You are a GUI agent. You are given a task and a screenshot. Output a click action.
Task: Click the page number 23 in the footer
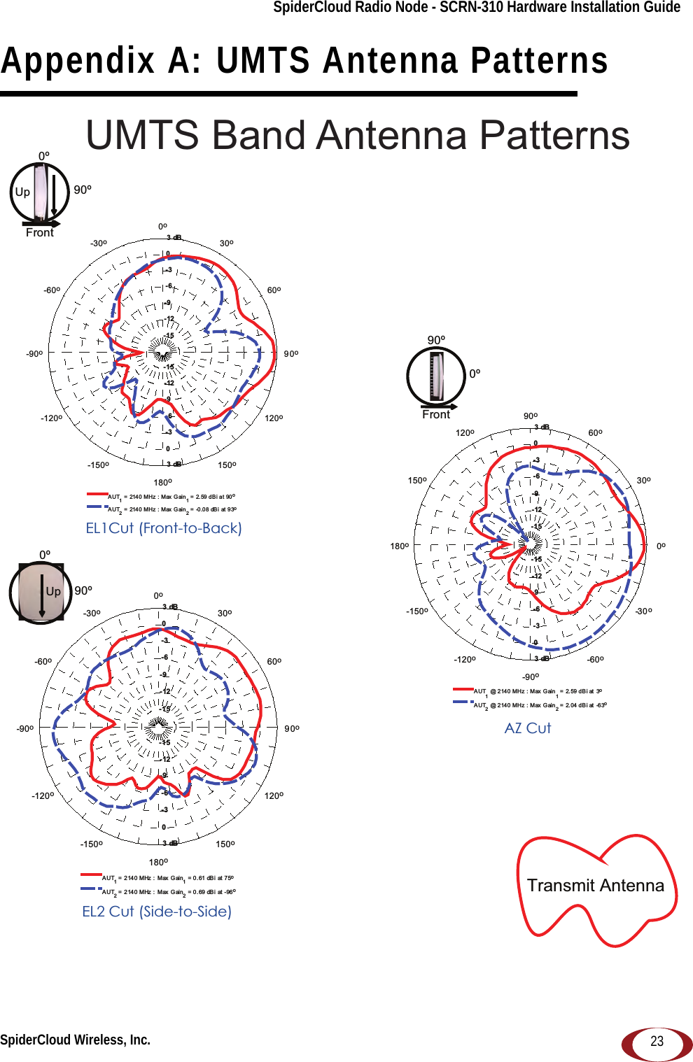point(657,1041)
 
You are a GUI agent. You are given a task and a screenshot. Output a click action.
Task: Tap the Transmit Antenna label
point(595,886)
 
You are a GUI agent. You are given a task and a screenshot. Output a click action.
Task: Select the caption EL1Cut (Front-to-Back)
point(164,528)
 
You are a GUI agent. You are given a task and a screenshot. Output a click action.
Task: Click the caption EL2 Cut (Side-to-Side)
point(157,912)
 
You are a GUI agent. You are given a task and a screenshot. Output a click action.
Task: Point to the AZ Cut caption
point(528,728)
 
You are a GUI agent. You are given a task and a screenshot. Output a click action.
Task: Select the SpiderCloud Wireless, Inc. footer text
point(76,1040)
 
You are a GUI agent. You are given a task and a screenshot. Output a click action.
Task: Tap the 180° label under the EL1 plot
point(162,483)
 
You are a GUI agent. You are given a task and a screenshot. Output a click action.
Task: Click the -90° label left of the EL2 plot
point(25,729)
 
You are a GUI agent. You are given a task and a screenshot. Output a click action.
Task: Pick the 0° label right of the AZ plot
point(661,546)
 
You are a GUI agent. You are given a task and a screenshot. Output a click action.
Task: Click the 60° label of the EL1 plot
point(274,290)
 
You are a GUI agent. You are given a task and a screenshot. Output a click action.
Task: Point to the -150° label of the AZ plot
point(417,611)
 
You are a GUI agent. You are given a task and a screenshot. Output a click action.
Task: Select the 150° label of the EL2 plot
point(225,844)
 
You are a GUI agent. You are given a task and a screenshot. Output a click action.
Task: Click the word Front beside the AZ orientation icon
point(436,415)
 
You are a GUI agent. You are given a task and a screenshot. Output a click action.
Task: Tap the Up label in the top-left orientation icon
point(22,192)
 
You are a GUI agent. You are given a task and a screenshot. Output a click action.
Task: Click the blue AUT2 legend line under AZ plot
point(463,702)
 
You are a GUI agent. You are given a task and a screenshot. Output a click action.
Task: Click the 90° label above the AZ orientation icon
point(436,340)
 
